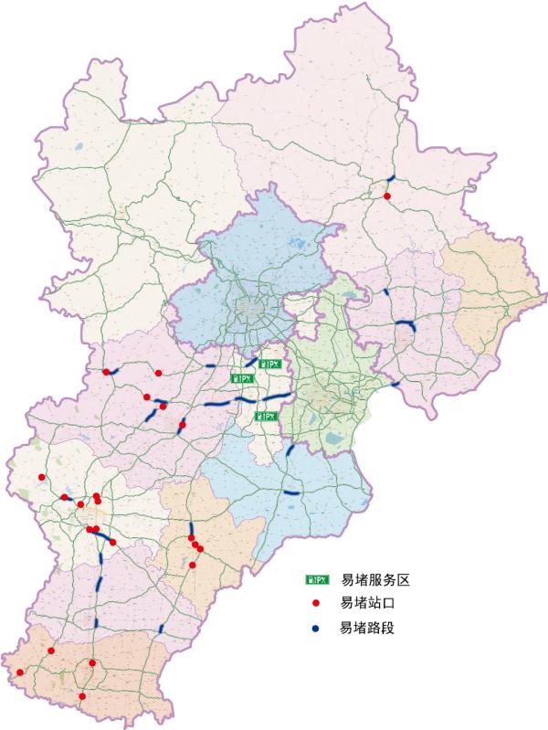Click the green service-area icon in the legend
click(317, 580)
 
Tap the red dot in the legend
click(316, 604)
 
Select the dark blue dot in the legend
click(316, 629)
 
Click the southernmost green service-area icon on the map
click(266, 417)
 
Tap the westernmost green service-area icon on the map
click(240, 376)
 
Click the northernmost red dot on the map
click(387, 196)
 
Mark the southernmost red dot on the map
click(82, 696)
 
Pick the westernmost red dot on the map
click(20, 672)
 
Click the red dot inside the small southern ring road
click(92, 663)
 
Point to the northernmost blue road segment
click(392, 177)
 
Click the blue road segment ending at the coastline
click(395, 384)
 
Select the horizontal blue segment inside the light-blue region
click(291, 493)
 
